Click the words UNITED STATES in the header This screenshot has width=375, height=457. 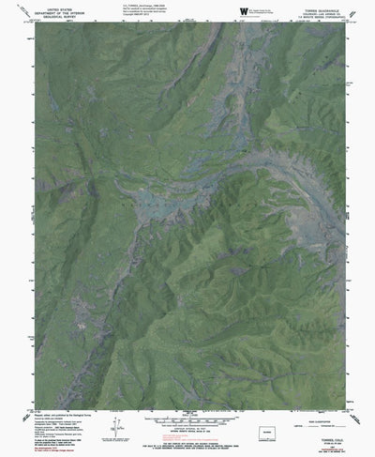(x=55, y=8)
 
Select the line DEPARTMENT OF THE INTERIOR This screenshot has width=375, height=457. (x=55, y=13)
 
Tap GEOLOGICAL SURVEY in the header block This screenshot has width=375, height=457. (x=55, y=18)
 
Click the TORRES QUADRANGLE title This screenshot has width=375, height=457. (x=319, y=8)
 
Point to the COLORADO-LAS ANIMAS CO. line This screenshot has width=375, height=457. (x=318, y=13)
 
